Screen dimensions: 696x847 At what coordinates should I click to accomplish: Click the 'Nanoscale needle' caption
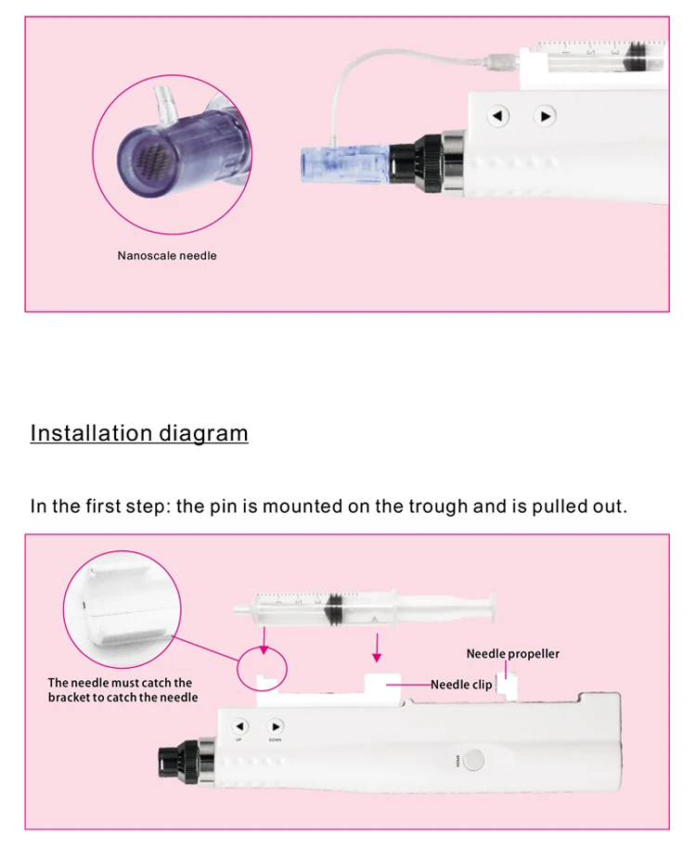167,255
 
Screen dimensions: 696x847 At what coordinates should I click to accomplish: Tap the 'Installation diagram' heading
139,433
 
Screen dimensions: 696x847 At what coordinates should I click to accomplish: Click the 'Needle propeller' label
513,654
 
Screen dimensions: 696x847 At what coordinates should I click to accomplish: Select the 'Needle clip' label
461,685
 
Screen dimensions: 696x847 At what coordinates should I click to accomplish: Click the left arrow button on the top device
497,116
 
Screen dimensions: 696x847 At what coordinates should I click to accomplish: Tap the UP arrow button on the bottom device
240,726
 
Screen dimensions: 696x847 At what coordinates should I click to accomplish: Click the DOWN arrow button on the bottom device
275,726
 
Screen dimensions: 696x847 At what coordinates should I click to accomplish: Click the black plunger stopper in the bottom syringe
334,610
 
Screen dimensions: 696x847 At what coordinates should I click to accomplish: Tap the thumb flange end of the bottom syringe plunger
492,609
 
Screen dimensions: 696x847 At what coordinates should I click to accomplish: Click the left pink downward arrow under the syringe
264,641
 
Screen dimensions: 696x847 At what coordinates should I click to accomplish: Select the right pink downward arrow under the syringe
377,648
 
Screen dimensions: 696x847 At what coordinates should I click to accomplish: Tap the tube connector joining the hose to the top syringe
501,61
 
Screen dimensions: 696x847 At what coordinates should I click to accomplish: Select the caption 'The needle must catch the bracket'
122,690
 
